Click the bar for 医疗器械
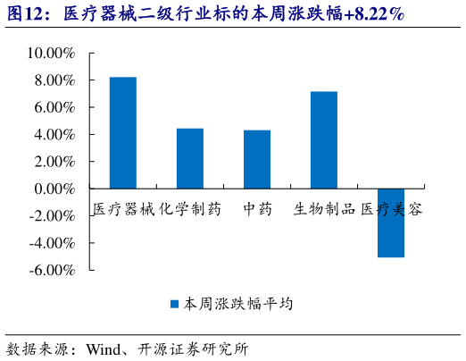click(x=123, y=133)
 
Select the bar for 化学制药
click(x=190, y=159)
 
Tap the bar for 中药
click(x=257, y=160)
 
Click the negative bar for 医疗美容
click(x=391, y=222)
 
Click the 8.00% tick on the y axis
click(x=54, y=80)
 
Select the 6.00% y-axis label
click(x=54, y=107)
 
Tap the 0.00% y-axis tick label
click(x=54, y=189)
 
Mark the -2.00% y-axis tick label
click(x=52, y=215)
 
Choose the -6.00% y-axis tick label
click(x=52, y=270)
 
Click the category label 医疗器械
click(x=124, y=208)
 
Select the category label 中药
click(x=257, y=208)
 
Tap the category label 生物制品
click(x=324, y=208)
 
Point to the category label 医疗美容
click(x=392, y=208)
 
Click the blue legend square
click(x=175, y=304)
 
